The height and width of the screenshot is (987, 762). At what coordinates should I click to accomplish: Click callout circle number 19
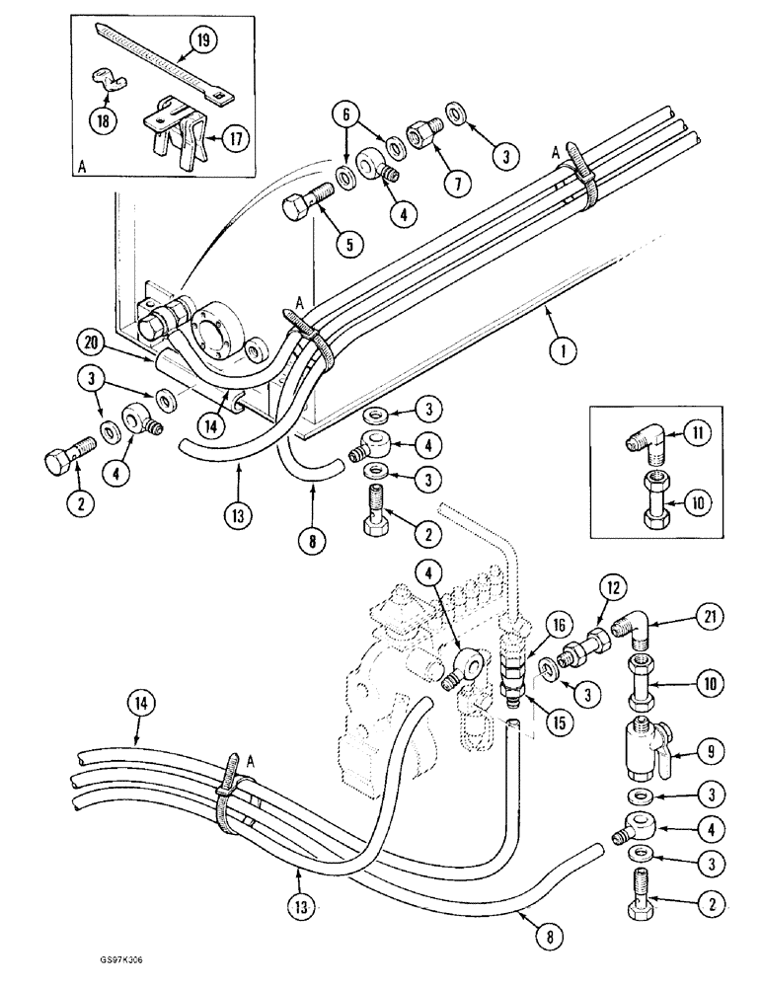201,41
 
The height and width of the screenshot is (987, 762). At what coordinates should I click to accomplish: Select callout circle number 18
105,119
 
